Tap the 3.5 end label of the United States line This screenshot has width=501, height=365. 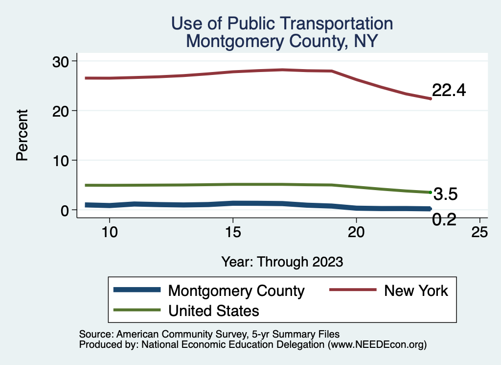coord(445,195)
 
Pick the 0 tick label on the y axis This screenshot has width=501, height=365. coord(66,210)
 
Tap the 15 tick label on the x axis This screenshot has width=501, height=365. coord(233,232)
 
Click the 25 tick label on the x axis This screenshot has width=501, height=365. coord(479,232)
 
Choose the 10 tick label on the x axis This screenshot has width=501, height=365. coord(110,232)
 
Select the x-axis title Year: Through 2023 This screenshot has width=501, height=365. coord(282,261)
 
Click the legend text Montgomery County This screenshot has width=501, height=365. coord(236,291)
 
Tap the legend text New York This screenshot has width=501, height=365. coord(416,291)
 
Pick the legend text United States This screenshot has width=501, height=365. coord(213,310)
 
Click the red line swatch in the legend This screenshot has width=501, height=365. coord(352,291)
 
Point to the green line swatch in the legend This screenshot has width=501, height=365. coord(137,310)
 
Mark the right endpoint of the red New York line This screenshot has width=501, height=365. coord(430,98)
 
